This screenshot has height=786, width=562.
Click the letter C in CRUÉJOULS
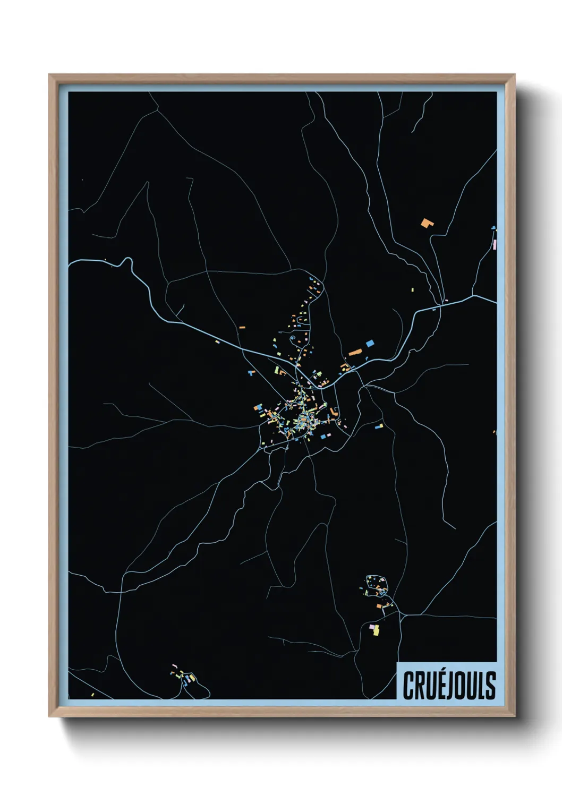pos(408,685)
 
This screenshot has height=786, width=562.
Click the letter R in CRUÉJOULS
pos(420,685)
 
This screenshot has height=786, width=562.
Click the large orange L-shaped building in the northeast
pos(427,223)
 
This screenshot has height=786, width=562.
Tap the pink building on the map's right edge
pos(495,245)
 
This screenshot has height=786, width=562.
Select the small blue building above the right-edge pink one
pos(494,228)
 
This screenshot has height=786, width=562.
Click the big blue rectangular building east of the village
pos(370,344)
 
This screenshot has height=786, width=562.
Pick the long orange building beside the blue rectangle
pos(355,352)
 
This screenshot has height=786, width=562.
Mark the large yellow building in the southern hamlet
pos(376,631)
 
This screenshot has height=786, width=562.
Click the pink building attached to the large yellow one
pos(371,627)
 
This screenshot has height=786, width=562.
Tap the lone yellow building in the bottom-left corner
pos(92,694)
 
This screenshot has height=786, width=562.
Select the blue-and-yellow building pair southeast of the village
pos(378,425)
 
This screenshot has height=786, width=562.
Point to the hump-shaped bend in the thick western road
pos(126,262)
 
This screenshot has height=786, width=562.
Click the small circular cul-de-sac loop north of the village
pos(292,338)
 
